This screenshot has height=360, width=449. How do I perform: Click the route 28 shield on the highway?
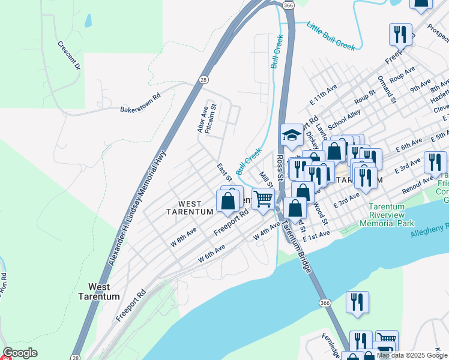[x=204, y=79]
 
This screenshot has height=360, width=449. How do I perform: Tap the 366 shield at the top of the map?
[x=289, y=5]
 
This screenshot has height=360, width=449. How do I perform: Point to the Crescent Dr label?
[x=69, y=55]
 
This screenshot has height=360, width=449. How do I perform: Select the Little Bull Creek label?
[x=331, y=35]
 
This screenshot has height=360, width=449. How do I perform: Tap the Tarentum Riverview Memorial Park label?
[x=387, y=215]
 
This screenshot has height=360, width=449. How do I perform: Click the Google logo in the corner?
[x=20, y=353]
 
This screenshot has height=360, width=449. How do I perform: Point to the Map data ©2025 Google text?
[x=412, y=355]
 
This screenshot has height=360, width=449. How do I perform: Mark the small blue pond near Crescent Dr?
[x=89, y=21]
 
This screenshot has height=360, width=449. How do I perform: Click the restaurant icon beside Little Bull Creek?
[x=400, y=34]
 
